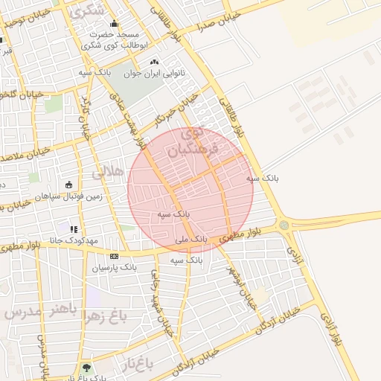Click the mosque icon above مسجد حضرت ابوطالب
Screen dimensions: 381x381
point(114,24)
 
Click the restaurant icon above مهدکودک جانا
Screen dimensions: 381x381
point(73,229)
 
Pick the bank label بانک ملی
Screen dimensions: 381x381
point(188,240)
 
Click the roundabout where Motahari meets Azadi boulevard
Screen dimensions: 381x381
point(284,225)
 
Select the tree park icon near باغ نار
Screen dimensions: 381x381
point(87,368)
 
